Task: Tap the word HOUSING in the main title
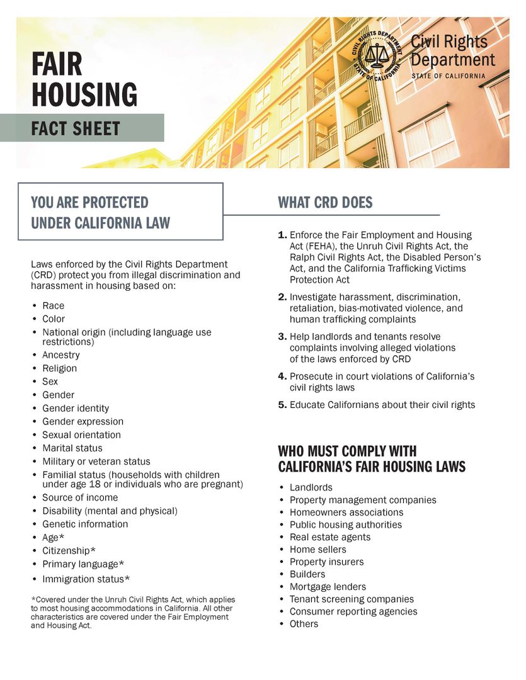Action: tap(84, 94)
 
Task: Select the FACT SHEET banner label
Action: tap(76, 128)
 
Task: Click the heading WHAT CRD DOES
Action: tap(325, 203)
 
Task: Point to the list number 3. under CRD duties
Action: tap(282, 336)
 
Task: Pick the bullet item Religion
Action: tap(59, 368)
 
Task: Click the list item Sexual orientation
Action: tap(81, 435)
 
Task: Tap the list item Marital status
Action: tap(72, 448)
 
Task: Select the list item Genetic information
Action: tap(85, 524)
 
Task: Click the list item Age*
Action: tap(54, 538)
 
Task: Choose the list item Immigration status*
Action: tap(86, 579)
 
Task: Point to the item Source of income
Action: tap(80, 497)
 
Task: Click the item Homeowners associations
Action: tap(346, 513)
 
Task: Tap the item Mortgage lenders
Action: tap(328, 587)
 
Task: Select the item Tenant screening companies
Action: tap(352, 599)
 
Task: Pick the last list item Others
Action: tap(304, 624)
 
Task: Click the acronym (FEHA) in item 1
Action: tap(306, 246)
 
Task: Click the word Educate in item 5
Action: tap(307, 405)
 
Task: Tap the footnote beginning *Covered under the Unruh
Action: tap(132, 613)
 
